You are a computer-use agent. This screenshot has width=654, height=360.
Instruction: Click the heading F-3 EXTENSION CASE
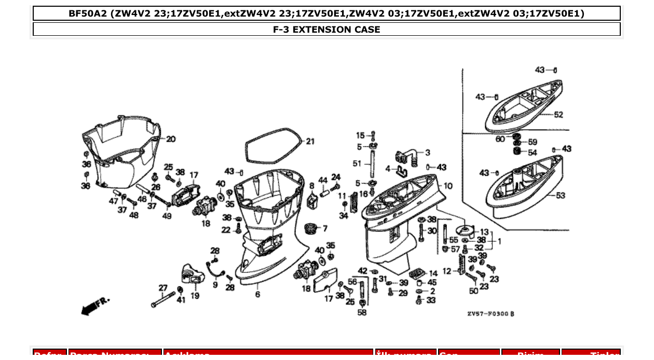[326, 30]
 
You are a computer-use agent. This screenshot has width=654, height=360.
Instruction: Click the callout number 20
[171, 139]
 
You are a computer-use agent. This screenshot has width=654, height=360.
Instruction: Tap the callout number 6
[257, 295]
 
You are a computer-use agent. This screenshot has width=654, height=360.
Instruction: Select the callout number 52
[558, 115]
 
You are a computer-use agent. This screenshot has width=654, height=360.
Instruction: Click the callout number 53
[560, 196]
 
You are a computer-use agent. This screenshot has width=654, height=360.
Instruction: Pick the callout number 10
[447, 185]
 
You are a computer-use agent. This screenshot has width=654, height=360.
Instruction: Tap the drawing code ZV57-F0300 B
[491, 314]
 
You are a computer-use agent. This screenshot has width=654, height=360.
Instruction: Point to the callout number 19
[195, 296]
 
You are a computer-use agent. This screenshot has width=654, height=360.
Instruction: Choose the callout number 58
[362, 312]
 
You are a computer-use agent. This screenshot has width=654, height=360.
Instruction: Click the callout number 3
[427, 153]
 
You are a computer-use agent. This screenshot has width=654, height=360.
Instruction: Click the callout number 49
[167, 216]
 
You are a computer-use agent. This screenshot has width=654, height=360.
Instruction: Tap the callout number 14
[433, 273]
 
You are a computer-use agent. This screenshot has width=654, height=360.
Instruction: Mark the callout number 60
[499, 139]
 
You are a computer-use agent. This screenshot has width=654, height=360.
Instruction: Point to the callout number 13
[484, 232]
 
